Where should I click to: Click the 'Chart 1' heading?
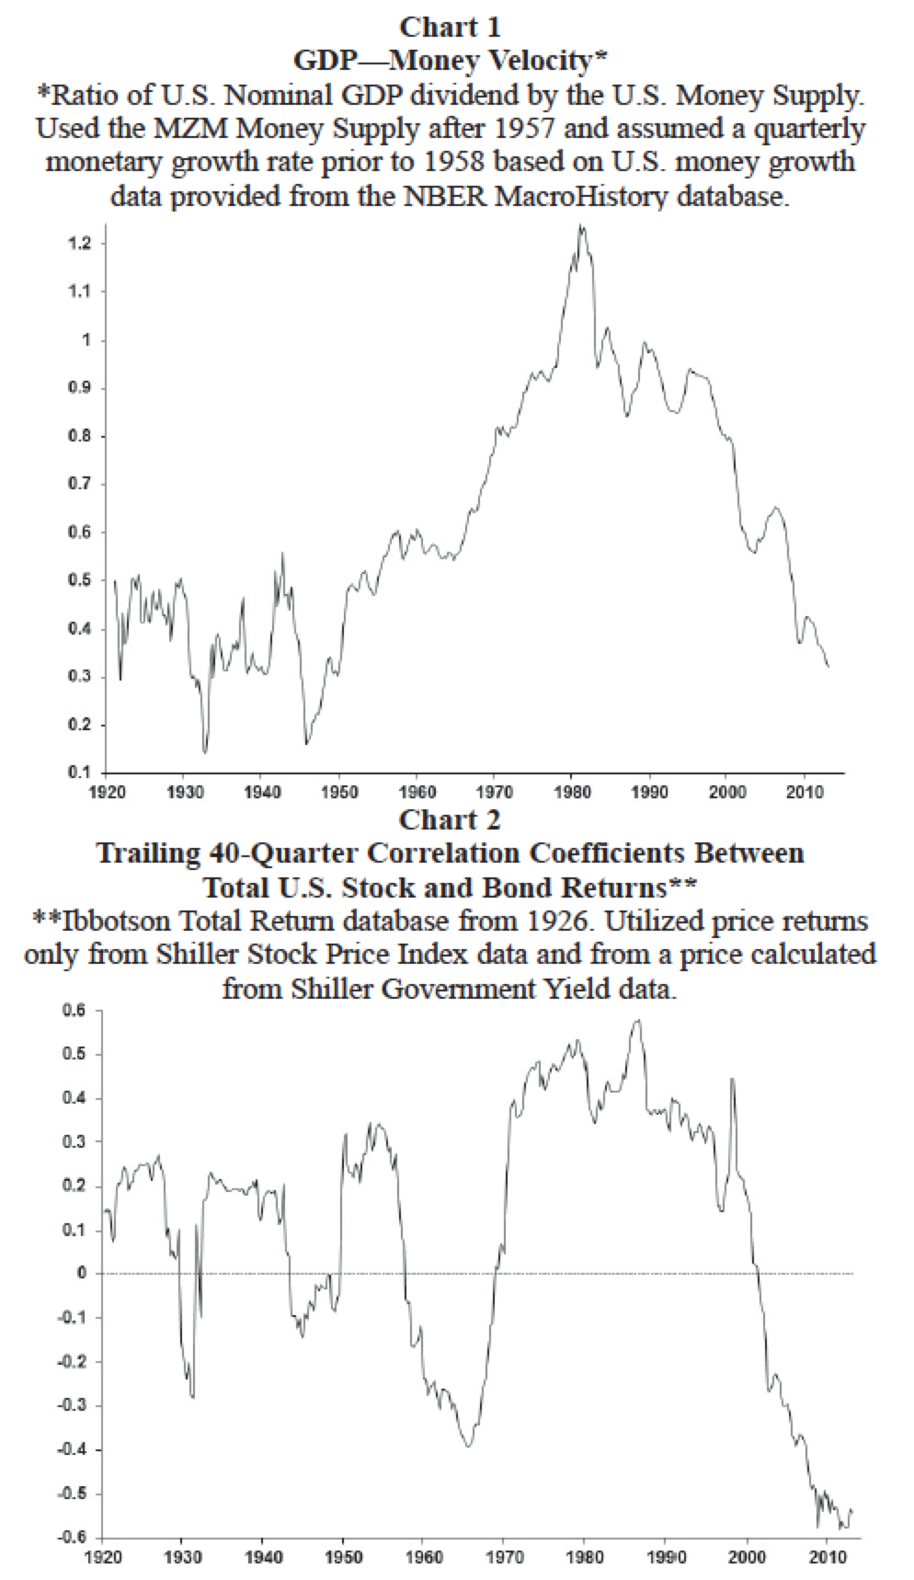tap(451, 28)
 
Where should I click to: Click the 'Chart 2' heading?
tap(451, 819)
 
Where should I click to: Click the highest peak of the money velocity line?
tap(581, 225)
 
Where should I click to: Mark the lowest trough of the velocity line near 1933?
tap(204, 752)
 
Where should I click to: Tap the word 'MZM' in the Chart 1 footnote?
tap(215, 128)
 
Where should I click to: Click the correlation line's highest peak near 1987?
tap(636, 1020)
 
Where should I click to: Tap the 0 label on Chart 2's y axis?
tap(82, 1274)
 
